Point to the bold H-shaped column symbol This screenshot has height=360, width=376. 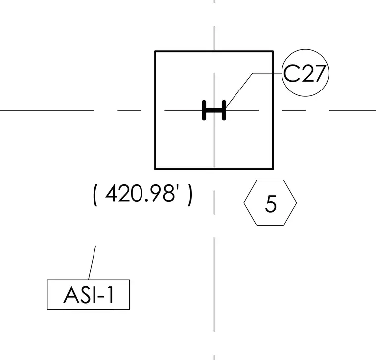pyautogui.click(x=214, y=110)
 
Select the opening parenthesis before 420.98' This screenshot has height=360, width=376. pyautogui.click(x=95, y=195)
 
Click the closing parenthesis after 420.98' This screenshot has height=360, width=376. pyautogui.click(x=190, y=195)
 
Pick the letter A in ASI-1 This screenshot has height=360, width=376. pyautogui.click(x=72, y=295)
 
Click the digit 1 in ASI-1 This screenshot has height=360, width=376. pyautogui.click(x=110, y=295)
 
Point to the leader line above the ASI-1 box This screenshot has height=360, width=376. pyautogui.click(x=92, y=263)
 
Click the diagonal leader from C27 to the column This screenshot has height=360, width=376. pyautogui.click(x=239, y=90)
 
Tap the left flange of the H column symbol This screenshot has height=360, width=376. pyautogui.click(x=204, y=110)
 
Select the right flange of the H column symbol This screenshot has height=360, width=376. pyautogui.click(x=224, y=110)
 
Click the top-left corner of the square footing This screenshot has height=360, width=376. pyautogui.click(x=155, y=51)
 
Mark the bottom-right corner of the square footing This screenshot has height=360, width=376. pyautogui.click(x=273, y=169)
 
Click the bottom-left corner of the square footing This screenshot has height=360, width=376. pyautogui.click(x=155, y=169)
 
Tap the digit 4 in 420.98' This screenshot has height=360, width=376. pyautogui.click(x=112, y=193)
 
